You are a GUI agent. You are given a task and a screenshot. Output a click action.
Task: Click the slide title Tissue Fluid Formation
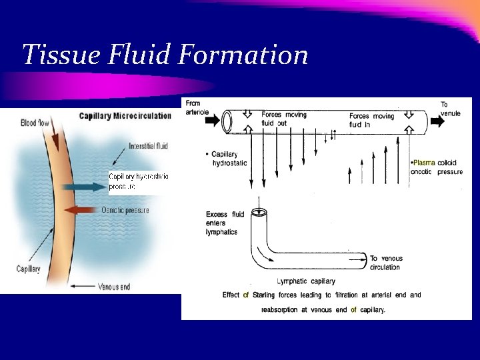tap(165, 55)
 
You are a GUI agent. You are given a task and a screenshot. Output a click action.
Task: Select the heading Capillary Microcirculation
tap(125, 115)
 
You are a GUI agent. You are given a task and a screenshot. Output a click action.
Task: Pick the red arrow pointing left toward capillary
tap(83, 209)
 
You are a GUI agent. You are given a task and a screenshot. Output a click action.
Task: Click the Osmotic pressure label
tap(125, 210)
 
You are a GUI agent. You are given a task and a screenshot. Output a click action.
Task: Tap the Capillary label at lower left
tap(29, 269)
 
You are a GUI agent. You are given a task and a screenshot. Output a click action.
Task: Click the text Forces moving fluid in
tap(371, 120)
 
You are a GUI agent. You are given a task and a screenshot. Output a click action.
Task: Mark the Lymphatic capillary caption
tap(305, 281)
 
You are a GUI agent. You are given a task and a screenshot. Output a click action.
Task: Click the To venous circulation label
tap(385, 263)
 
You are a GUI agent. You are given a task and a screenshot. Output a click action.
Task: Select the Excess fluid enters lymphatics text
tap(225, 222)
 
